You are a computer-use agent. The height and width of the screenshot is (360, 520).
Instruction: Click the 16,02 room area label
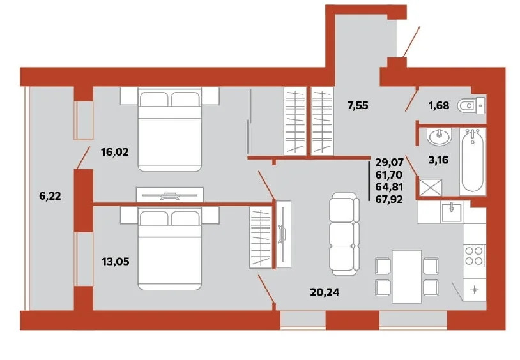[x=115, y=152]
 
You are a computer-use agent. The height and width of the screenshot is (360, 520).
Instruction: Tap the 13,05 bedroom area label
[x=116, y=262]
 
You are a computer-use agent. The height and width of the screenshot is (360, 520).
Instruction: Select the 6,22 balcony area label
[x=50, y=196]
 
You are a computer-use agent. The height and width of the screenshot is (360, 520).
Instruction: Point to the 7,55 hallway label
[x=358, y=106]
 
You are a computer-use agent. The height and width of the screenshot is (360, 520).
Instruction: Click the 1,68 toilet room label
[x=439, y=106]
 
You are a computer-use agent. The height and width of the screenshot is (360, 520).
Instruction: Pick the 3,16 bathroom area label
[x=438, y=160]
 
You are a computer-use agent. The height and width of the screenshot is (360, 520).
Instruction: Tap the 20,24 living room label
[x=325, y=292]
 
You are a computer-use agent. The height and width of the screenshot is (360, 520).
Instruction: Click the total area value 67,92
[x=389, y=199]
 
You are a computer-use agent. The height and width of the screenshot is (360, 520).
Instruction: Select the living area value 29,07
[x=389, y=162]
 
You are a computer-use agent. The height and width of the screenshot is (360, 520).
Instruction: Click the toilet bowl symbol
[x=471, y=105]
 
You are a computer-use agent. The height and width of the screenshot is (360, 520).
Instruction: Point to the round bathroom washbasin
[x=439, y=136]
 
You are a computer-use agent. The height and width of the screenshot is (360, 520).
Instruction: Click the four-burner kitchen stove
[x=474, y=255]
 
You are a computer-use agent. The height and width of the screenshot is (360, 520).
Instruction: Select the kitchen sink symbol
[x=451, y=213]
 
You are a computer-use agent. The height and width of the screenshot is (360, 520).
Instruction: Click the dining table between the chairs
[x=406, y=276]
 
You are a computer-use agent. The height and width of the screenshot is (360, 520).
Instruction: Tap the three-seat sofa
[x=344, y=234]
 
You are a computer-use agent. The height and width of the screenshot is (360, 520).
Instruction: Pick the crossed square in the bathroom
[x=431, y=187]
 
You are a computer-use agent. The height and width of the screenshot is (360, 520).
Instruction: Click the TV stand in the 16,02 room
[x=169, y=195]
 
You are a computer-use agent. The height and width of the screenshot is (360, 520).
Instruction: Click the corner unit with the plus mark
[x=474, y=290]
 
